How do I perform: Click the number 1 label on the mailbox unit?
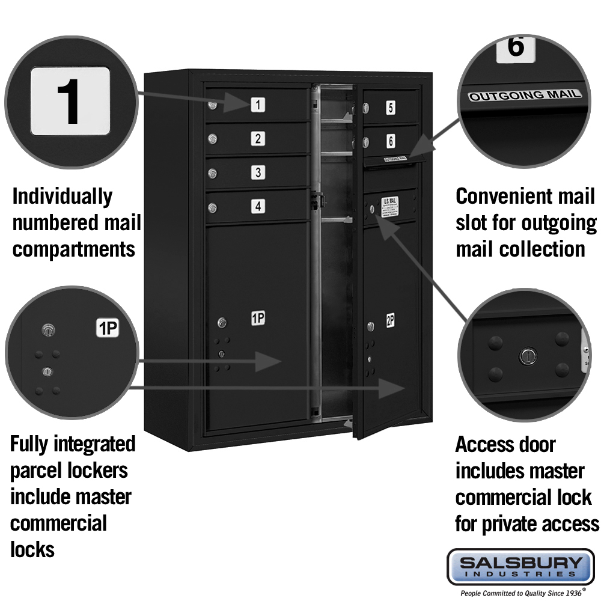[257, 105]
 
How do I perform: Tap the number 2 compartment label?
[257, 139]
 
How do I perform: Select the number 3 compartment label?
[257, 172]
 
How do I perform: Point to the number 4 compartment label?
[257, 206]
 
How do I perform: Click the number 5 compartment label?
[391, 108]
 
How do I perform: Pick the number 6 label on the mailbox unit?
[391, 141]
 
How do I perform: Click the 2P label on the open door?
[390, 321]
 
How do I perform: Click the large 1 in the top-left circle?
[70, 100]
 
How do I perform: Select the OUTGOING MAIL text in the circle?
[525, 95]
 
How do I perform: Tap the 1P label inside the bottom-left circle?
[108, 328]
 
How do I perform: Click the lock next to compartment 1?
[212, 106]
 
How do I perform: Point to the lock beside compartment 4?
[212, 208]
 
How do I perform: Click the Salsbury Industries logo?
[520, 566]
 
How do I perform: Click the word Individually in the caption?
[62, 197]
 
